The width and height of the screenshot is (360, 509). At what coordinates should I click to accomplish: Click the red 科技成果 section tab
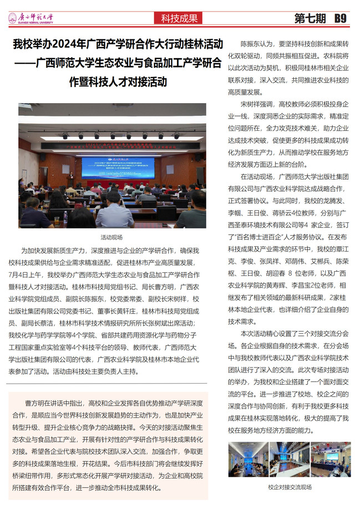[179, 18]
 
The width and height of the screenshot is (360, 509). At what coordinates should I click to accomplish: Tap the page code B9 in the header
[339, 18]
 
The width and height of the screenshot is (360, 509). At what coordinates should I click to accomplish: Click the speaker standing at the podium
[70, 179]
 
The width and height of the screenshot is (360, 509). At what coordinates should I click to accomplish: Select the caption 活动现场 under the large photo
[113, 237]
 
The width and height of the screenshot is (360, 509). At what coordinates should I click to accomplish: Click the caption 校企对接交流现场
[290, 487]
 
